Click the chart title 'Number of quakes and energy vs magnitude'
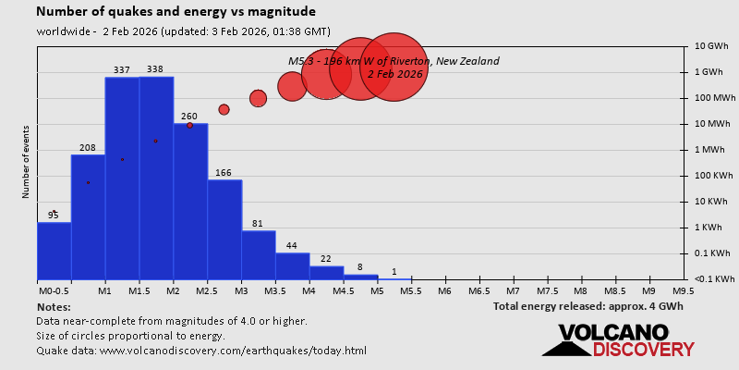click(176, 12)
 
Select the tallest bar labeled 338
click(155, 176)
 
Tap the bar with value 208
click(88, 217)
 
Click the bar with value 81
click(258, 254)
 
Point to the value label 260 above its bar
click(189, 117)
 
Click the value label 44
click(292, 246)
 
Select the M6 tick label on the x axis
click(443, 290)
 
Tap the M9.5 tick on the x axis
click(684, 290)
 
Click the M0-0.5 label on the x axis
click(52, 290)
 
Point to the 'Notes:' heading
click(55, 306)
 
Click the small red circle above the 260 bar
click(189, 125)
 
